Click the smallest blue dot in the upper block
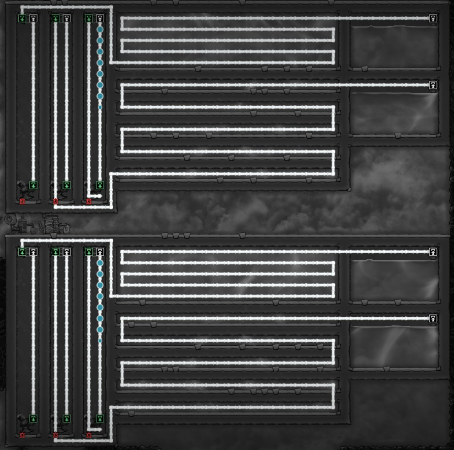point(100,107)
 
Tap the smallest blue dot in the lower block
point(100,340)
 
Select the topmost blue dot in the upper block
point(100,29)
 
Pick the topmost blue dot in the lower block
point(100,263)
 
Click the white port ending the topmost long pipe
point(433,18)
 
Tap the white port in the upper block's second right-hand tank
point(433,85)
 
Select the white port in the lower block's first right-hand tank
point(433,252)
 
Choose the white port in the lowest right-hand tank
point(433,319)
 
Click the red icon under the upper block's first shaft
point(22,202)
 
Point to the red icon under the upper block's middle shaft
point(56,202)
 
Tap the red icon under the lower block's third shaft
point(89,435)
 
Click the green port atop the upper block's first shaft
point(22,18)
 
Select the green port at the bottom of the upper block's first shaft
point(34,185)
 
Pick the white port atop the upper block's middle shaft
point(67,18)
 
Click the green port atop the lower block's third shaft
point(89,252)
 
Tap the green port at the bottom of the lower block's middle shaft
point(67,418)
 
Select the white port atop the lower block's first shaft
point(34,252)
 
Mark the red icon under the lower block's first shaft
point(22,435)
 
